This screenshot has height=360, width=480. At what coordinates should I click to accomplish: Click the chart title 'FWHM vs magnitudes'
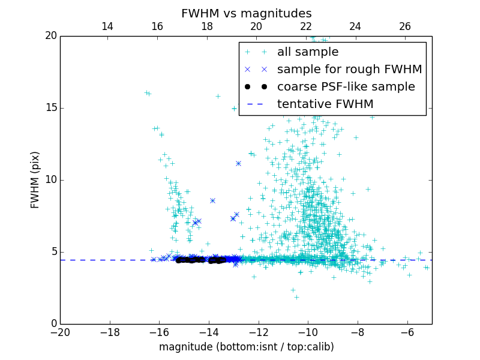pos(246,13)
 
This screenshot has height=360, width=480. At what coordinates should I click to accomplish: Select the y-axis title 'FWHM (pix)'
pos(35,179)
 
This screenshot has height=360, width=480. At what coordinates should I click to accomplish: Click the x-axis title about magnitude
pos(246,347)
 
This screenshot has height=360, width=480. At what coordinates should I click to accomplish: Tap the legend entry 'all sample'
pos(307,52)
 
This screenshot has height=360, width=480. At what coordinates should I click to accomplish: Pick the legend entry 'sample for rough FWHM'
pos(349,69)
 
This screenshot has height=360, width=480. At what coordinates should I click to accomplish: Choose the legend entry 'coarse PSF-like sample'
pos(346,86)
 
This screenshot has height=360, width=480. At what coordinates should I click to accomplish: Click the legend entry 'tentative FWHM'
pos(325,104)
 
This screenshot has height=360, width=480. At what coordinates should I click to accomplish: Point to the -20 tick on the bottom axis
pos(60,332)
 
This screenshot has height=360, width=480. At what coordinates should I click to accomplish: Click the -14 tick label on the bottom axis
pos(208,332)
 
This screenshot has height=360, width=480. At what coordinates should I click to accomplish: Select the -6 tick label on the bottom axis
pos(407,332)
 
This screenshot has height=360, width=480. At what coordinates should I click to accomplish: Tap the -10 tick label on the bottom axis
pos(307,332)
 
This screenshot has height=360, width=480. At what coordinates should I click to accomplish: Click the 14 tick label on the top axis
pos(107,26)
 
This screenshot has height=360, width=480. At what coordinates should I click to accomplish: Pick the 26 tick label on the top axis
pos(405,26)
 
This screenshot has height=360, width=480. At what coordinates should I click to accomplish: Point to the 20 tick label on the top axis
pos(256,26)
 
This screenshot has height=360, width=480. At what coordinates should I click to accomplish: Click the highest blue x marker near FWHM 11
pos(238,163)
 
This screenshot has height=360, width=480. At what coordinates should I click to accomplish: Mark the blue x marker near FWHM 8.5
pos(212,201)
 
